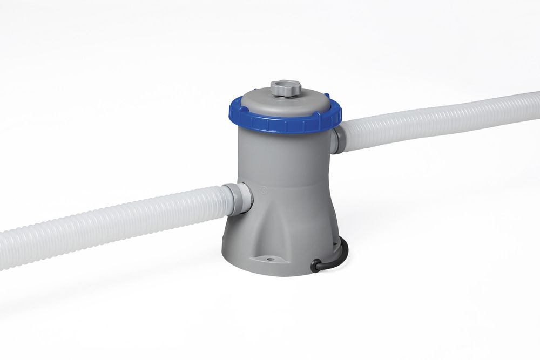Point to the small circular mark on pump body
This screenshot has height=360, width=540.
263,190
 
